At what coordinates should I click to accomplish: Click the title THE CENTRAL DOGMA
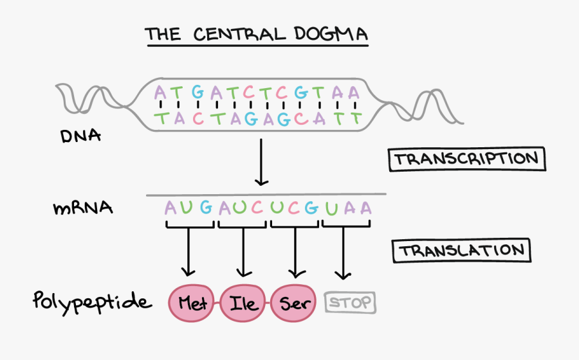[x=256, y=33]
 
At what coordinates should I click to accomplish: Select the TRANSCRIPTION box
[x=466, y=159]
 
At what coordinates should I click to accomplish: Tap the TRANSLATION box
[x=461, y=251]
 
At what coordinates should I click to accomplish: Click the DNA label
[x=80, y=136]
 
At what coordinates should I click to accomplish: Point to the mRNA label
[x=82, y=208]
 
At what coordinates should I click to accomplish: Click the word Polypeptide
[x=93, y=301]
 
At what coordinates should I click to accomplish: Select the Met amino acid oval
[x=192, y=303]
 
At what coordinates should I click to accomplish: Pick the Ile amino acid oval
[x=243, y=303]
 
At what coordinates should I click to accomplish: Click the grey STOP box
[x=350, y=302]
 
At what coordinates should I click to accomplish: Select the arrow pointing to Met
[x=188, y=253]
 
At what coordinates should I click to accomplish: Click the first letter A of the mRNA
[x=170, y=208]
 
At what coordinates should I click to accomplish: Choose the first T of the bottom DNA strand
[x=161, y=118]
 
